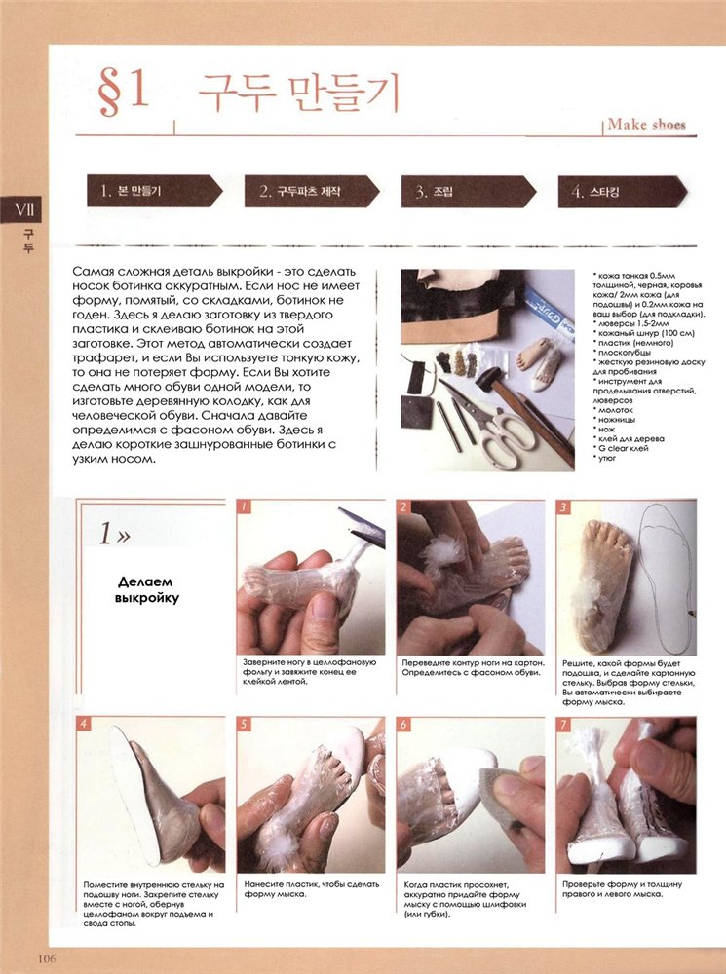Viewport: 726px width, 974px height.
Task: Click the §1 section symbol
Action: click(x=123, y=92)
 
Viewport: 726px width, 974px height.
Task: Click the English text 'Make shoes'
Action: click(x=646, y=125)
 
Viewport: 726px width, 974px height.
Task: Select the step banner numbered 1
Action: click(x=154, y=191)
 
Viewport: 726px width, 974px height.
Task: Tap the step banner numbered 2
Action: click(x=312, y=191)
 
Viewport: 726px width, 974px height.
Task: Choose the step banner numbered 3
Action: click(x=469, y=191)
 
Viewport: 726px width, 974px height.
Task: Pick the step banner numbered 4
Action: click(x=623, y=191)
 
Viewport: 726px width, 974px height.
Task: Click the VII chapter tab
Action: click(x=22, y=209)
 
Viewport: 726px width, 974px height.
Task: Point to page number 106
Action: click(x=47, y=958)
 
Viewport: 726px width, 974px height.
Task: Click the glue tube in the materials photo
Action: click(x=547, y=311)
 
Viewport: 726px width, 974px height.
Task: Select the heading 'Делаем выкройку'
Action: click(x=147, y=590)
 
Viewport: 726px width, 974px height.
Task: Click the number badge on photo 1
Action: click(x=244, y=506)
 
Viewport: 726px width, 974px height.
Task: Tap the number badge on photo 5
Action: click(x=244, y=724)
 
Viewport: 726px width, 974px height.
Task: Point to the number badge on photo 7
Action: click(x=563, y=724)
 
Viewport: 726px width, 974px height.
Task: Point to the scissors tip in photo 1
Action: click(x=341, y=510)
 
